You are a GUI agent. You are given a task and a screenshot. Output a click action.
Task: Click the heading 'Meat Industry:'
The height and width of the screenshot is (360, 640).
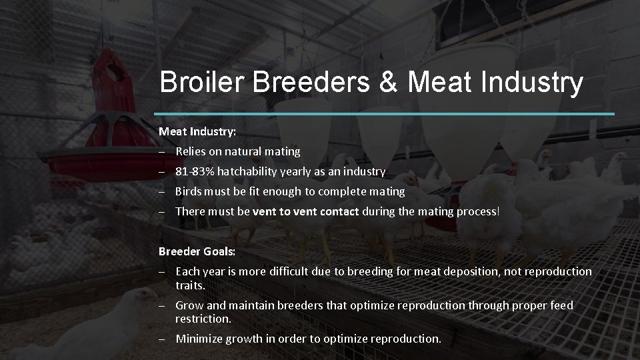[197, 131]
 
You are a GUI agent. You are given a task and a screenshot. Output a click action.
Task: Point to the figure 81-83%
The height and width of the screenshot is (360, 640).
[191, 171]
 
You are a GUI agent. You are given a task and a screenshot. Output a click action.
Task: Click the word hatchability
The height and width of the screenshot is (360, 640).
[243, 171]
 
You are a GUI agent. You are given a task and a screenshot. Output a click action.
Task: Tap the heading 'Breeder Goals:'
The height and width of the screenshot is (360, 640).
[197, 251]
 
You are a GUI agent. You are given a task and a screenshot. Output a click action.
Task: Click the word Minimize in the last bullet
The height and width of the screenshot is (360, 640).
[199, 339]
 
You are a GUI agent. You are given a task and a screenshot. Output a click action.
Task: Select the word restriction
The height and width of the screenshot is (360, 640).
[203, 319]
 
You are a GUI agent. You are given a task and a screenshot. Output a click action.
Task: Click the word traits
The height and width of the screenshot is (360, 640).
[190, 285]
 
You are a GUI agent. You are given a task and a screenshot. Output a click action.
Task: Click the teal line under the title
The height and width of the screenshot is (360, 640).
[387, 114]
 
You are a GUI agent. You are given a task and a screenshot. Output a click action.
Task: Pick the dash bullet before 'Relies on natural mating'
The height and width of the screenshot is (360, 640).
[163, 152]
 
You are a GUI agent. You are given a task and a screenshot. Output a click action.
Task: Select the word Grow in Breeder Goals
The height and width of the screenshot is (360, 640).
[189, 305]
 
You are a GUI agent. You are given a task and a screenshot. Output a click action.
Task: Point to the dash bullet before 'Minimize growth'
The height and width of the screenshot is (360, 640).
[163, 339]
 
